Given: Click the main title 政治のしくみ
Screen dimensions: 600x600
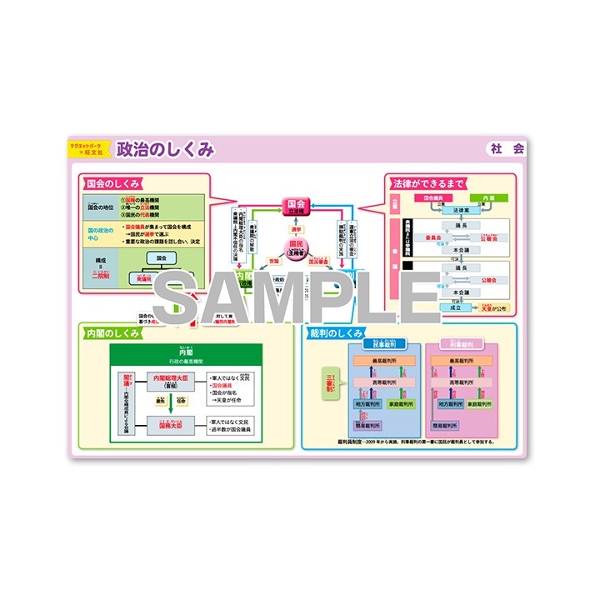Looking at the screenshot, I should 165,149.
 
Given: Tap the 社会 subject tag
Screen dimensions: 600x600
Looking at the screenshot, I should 507,149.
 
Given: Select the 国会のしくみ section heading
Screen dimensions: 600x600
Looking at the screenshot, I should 112,183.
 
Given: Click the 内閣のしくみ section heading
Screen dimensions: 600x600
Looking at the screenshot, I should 112,332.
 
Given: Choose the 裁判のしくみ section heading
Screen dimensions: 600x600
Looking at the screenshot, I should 335,332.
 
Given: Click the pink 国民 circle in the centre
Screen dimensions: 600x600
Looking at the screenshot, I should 296,247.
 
